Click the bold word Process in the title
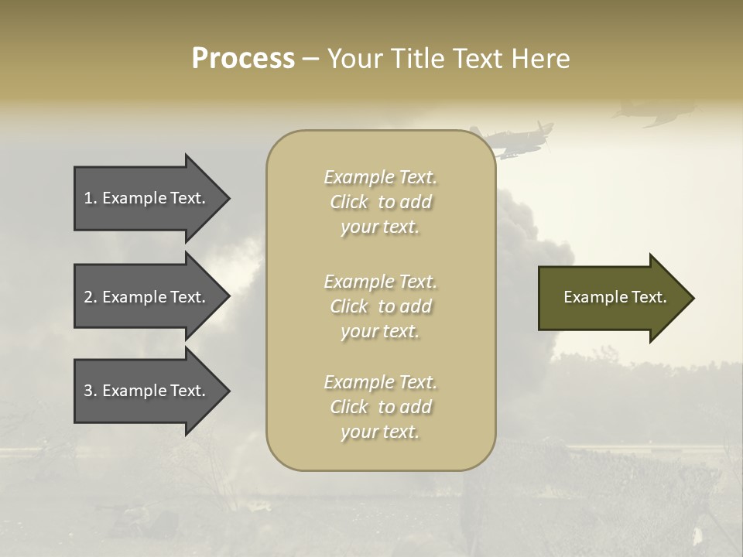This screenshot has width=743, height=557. [x=243, y=59]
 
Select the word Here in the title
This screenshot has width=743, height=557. [x=541, y=59]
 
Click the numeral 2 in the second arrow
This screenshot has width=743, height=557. [x=88, y=297]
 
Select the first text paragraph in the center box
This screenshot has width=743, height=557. [x=380, y=202]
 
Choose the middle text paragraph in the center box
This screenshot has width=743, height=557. [x=380, y=306]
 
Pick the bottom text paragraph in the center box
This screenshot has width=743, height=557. [x=380, y=407]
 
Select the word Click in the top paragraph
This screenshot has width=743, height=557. [x=348, y=202]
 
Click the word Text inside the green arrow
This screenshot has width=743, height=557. [x=650, y=297]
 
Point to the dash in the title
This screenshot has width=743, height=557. [x=310, y=59]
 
